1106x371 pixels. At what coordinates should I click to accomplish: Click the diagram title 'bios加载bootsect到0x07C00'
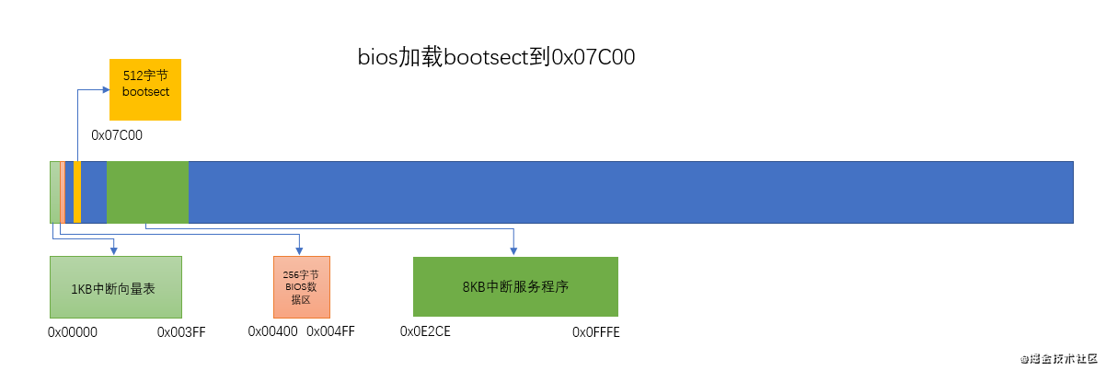(497, 57)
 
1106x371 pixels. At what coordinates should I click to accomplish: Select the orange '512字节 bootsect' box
(145, 88)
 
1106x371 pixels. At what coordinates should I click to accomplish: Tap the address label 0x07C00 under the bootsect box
(117, 134)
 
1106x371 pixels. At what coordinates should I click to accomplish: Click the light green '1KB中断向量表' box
(116, 287)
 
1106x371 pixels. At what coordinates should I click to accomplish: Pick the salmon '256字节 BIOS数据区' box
(301, 287)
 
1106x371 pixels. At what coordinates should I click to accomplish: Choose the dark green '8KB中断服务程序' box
(515, 286)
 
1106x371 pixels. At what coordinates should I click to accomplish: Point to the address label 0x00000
(73, 331)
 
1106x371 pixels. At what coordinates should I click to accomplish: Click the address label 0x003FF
(181, 331)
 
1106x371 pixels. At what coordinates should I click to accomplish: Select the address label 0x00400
(272, 331)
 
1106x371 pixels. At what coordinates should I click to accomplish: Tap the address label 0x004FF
(330, 331)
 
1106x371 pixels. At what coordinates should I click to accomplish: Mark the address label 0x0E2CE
(425, 331)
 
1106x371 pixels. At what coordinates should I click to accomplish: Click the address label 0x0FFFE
(596, 331)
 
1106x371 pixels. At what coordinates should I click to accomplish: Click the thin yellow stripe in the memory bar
(77, 191)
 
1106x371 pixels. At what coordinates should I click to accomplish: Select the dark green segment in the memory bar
(147, 191)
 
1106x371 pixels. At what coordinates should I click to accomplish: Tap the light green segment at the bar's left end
(54, 191)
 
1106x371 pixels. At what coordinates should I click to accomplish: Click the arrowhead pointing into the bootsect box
(106, 89)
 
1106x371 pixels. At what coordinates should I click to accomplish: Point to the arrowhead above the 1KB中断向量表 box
(113, 251)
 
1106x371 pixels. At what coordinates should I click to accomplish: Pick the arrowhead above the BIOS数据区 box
(300, 251)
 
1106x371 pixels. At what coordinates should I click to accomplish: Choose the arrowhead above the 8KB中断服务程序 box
(513, 251)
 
